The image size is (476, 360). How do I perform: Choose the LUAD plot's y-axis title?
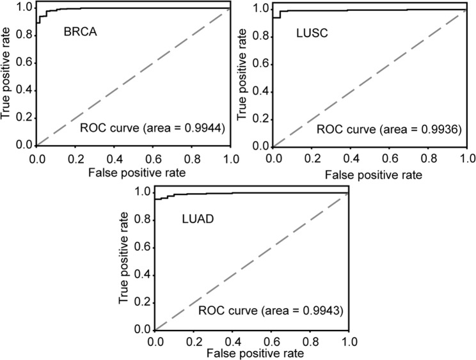tap(126, 263)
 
